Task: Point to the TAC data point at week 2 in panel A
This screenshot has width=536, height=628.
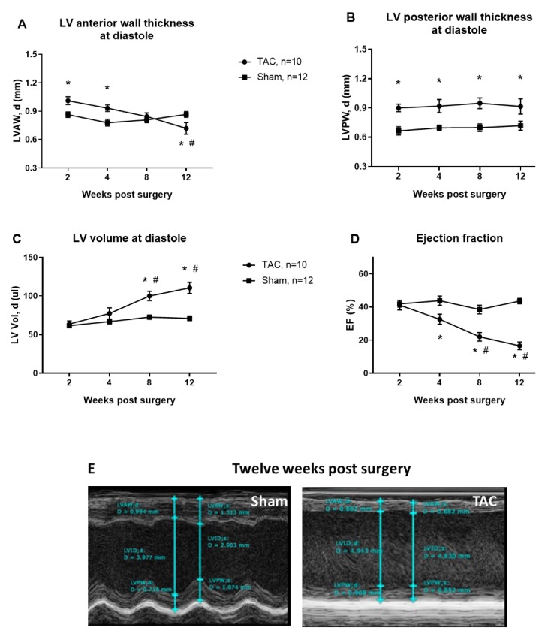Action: [68, 101]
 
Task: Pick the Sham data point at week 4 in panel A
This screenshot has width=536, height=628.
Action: [107, 122]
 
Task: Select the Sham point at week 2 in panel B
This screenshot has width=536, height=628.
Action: [398, 131]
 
